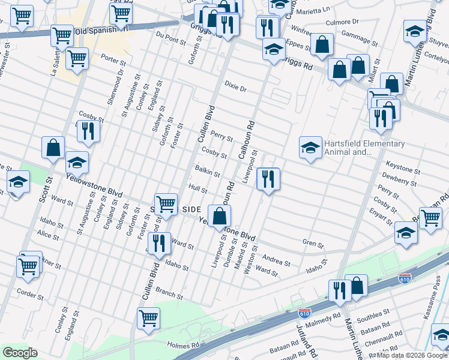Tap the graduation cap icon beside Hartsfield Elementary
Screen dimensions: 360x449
tap(310, 148)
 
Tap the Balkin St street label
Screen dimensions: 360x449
tap(207, 172)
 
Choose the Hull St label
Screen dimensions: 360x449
tap(198, 190)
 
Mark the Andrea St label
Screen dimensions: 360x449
tap(277, 262)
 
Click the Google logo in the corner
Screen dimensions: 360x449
tap(20, 353)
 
